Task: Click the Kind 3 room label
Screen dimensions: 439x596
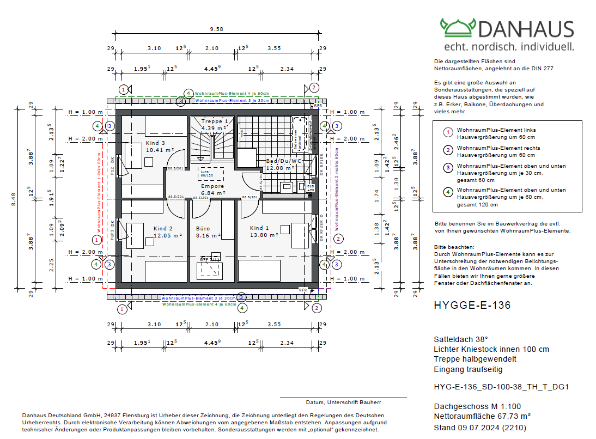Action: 156,143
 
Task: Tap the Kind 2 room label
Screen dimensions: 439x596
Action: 162,229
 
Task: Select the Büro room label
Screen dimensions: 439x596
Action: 202,229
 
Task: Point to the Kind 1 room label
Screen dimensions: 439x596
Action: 259,228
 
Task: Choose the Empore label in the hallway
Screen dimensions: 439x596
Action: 212,186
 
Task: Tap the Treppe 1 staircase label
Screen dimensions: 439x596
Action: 217,121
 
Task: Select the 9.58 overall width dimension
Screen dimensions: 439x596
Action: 216,29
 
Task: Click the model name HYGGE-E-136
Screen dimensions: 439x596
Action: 472,306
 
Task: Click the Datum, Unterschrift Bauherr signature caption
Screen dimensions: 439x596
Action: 343,403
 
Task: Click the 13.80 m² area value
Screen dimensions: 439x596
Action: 265,235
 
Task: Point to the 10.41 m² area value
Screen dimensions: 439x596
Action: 160,150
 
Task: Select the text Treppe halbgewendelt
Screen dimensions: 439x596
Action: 475,359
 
